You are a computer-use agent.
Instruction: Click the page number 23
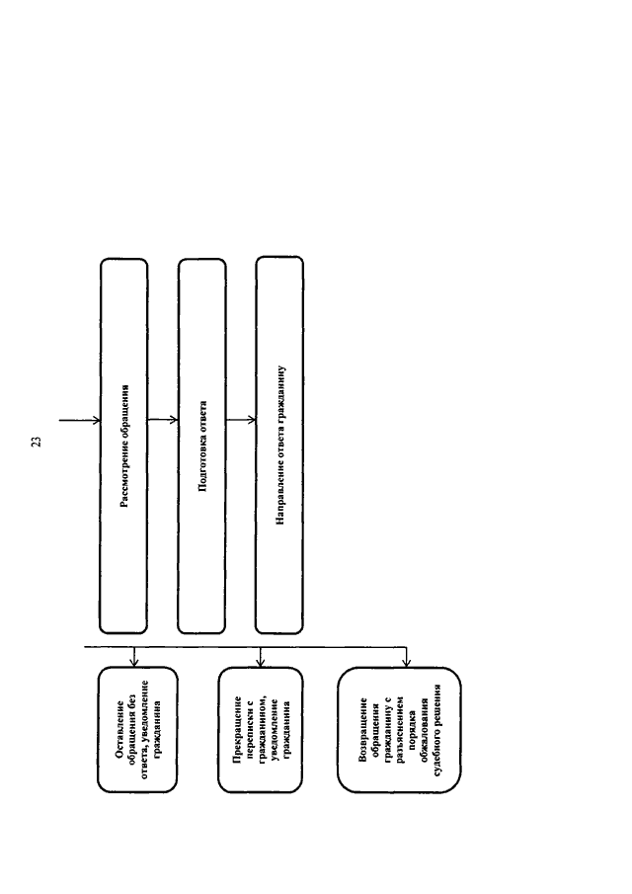click(38, 442)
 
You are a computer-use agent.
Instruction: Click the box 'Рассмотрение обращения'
click(123, 446)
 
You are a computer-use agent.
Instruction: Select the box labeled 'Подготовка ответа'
click(201, 446)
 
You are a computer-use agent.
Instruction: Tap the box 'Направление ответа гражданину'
click(279, 445)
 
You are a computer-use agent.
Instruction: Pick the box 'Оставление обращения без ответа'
click(137, 730)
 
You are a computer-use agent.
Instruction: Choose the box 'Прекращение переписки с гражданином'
click(261, 730)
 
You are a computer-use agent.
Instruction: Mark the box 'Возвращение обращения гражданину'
click(399, 730)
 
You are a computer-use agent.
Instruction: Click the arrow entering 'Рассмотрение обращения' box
click(80, 421)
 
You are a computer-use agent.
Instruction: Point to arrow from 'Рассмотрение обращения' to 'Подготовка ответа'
click(163, 420)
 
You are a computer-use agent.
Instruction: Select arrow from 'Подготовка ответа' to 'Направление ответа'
click(241, 420)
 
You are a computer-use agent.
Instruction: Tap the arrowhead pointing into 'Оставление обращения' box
click(134, 663)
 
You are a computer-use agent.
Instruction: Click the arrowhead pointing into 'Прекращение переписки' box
click(260, 663)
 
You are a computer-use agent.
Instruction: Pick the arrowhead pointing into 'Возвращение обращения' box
click(406, 663)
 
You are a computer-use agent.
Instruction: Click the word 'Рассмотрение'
click(125, 474)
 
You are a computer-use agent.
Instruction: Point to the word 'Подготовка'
click(202, 465)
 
